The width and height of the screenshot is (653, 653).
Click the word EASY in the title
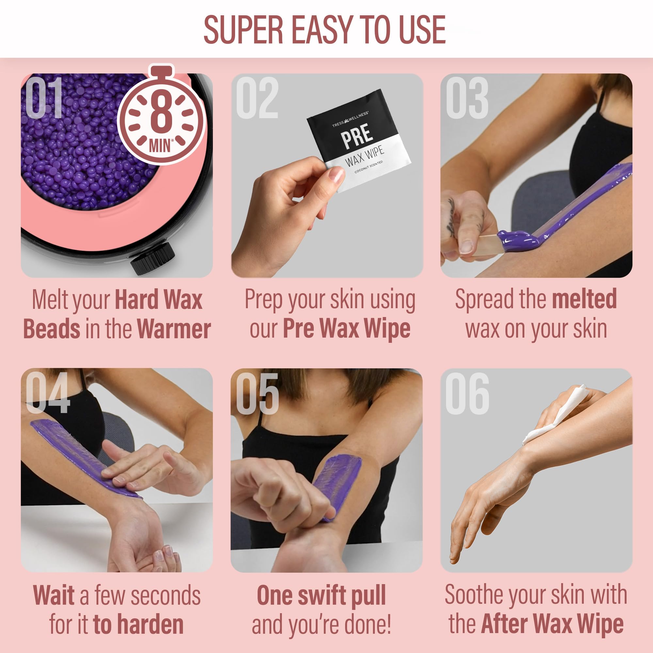point(323,30)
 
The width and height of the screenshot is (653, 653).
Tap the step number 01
point(44,98)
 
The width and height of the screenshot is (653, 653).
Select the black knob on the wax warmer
point(153,257)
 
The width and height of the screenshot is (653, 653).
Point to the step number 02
point(257,98)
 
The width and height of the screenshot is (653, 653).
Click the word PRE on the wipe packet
point(357,135)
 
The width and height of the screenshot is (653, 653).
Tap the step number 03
point(467,98)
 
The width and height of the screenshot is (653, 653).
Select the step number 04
point(48,392)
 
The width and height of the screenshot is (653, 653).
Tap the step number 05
point(257,394)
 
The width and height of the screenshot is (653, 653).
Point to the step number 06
point(468,394)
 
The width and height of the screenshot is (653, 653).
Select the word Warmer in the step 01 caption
point(174,329)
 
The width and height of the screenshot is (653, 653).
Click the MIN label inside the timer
point(160,145)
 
